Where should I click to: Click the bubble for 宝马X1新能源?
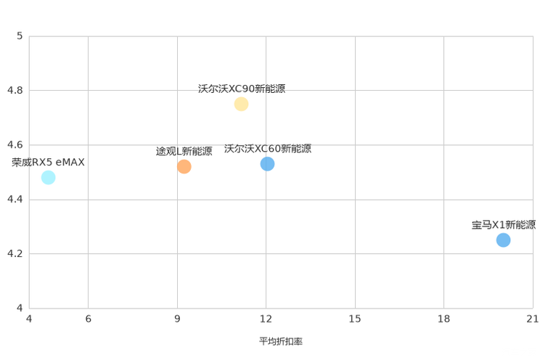coord(503,240)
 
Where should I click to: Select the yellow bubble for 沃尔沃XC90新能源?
coord(241,104)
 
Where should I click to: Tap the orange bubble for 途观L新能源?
coord(184,167)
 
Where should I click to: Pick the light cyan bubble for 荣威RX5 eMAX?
coord(48,177)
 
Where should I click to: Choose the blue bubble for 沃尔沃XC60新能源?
coord(267,164)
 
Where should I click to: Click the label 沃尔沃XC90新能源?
coord(242,89)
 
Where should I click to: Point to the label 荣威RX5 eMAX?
coord(48,163)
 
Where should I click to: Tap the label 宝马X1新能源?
coord(504,225)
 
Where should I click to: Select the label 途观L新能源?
coord(184,151)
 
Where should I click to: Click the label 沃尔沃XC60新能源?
coord(268,149)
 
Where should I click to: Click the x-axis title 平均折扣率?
coord(281,341)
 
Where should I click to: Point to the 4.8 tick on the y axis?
coord(15,90)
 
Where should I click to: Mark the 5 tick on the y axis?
coord(20,36)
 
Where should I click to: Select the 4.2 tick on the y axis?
coord(15,253)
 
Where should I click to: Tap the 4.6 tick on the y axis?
coord(15,144)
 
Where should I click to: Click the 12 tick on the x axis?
coord(266,319)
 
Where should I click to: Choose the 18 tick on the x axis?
coord(444,319)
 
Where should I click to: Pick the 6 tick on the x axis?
coord(88,319)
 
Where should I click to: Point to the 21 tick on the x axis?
coord(533,319)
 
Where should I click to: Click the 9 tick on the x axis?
coord(177,319)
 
